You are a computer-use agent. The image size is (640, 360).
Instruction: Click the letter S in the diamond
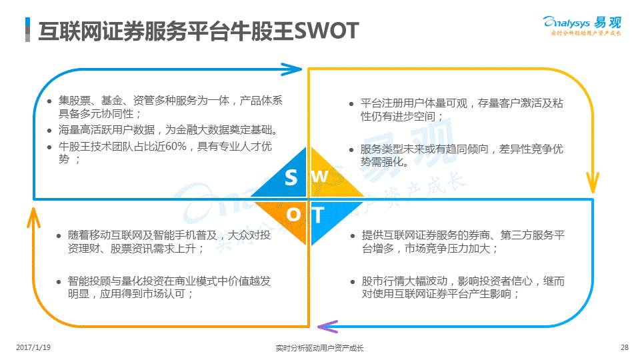pos(291,177)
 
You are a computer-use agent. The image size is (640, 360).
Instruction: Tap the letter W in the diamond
pos(321,177)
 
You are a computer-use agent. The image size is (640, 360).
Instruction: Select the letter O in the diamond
pos(293,215)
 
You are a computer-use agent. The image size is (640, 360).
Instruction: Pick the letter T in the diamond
pos(318,215)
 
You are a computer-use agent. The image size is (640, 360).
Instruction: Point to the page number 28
pos(624,347)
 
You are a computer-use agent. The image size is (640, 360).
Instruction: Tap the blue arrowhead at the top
pos(292,69)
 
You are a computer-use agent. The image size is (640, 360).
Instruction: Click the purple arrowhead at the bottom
pos(327,326)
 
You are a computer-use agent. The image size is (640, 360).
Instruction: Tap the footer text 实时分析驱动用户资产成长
pos(319,348)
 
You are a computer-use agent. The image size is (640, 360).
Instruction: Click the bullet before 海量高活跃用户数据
pos(50,130)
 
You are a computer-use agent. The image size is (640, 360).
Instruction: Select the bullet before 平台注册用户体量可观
pos(352,103)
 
